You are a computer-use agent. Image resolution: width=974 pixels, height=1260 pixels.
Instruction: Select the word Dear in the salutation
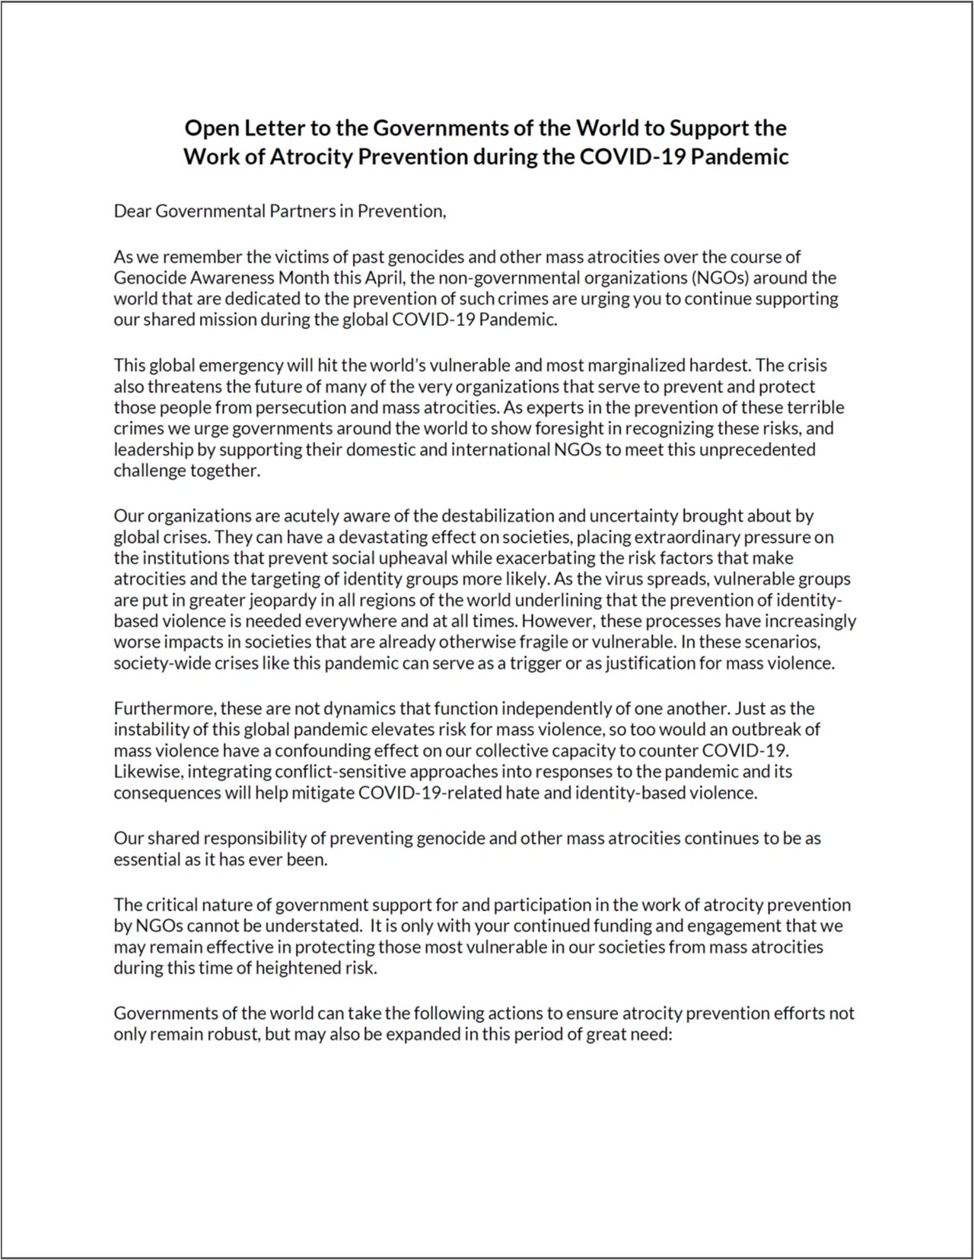(x=132, y=211)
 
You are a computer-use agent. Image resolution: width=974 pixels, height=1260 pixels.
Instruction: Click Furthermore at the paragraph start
(x=164, y=709)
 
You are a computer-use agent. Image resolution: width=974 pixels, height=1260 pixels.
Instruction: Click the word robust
(x=231, y=1034)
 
